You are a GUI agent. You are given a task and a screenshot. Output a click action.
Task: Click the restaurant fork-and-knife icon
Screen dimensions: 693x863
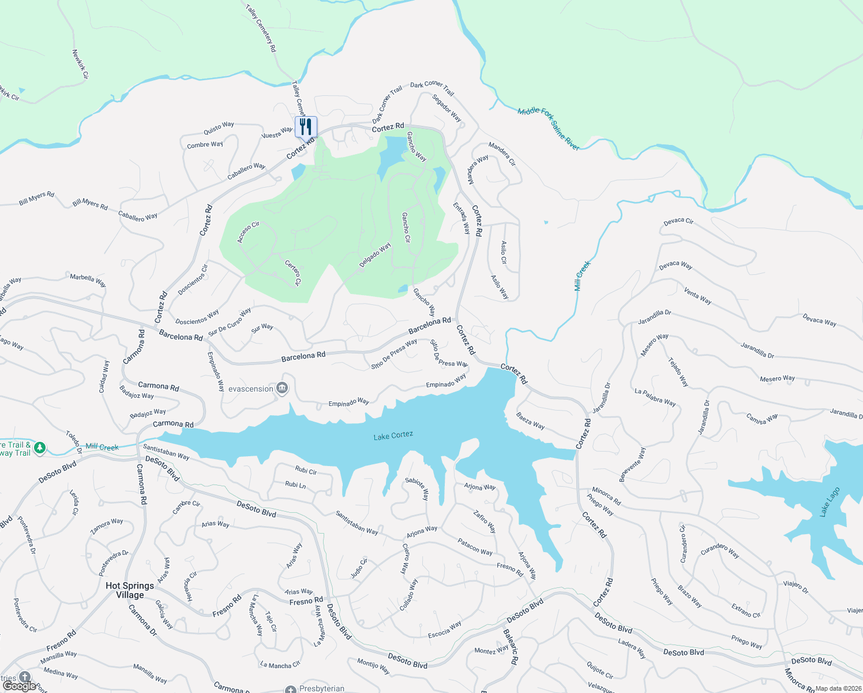pos(306,126)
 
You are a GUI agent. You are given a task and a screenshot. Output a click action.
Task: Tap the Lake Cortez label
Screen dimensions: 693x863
pos(393,435)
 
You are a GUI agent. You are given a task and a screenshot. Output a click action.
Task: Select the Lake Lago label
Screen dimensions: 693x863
pos(830,502)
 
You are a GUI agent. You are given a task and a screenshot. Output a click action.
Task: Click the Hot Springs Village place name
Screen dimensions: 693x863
pos(130,590)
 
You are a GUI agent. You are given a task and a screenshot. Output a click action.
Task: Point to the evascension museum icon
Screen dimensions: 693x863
pos(282,388)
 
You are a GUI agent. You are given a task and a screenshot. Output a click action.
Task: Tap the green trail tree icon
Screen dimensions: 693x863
pos(40,448)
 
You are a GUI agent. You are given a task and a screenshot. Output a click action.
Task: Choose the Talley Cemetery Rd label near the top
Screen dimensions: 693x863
pos(261,28)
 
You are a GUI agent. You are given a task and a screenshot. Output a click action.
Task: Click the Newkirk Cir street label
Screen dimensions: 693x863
pos(80,64)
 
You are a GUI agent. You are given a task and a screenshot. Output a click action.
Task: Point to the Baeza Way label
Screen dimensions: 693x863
pos(530,420)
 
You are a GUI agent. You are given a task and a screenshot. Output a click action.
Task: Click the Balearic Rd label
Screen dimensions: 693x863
pos(511,647)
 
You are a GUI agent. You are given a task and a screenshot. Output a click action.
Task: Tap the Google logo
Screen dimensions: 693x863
pos(19,686)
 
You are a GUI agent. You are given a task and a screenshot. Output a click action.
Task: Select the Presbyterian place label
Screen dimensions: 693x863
pos(321,688)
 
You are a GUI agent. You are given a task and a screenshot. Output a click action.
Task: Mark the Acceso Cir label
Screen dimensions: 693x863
pos(249,232)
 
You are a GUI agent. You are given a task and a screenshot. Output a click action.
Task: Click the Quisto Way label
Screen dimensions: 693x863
pos(219,128)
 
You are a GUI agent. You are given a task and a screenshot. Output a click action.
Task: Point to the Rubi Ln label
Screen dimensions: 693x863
pos(295,485)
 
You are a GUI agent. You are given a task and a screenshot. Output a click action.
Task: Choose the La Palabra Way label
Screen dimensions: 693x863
pos(655,398)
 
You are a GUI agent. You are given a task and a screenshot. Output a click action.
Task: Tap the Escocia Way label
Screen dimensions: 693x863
pos(444,629)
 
